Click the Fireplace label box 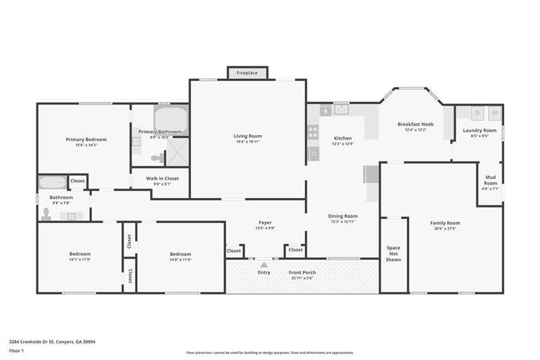(x=247, y=72)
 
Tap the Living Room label (x=248, y=136)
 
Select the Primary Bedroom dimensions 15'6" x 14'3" (x=86, y=145)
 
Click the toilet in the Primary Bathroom (x=157, y=158)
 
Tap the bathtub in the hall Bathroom (x=53, y=182)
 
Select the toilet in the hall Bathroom (x=46, y=214)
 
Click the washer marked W (x=494, y=113)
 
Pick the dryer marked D (x=478, y=113)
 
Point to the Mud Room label (x=490, y=180)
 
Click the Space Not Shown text (x=393, y=253)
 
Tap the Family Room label (x=445, y=223)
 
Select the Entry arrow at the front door (x=264, y=265)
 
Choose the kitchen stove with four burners (x=313, y=132)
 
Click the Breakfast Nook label (x=415, y=124)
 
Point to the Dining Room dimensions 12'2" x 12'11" (x=343, y=222)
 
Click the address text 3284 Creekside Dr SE (x=34, y=342)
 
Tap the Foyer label (x=265, y=222)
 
